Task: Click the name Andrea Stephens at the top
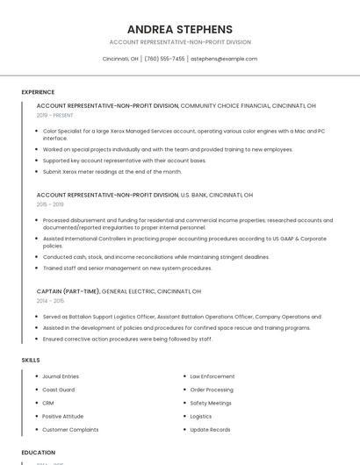coord(180,29)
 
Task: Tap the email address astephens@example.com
coord(224,59)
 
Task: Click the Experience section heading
coord(38,92)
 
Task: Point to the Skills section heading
coord(31,360)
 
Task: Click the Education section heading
coord(39,453)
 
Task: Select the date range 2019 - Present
coord(54,115)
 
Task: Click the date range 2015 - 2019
coord(50,204)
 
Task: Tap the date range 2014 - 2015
coord(50,300)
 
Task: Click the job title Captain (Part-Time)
coord(68,291)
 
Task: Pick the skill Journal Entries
coord(61,376)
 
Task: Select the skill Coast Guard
coord(58,390)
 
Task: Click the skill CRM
coord(48,403)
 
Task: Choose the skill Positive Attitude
coord(62,416)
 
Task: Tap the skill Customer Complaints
coord(70,430)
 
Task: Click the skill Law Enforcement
coord(212,376)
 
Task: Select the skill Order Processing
coord(212,390)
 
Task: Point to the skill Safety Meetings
coord(211,403)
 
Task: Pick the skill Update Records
coord(210,430)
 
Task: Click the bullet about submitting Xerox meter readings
coord(112,172)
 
